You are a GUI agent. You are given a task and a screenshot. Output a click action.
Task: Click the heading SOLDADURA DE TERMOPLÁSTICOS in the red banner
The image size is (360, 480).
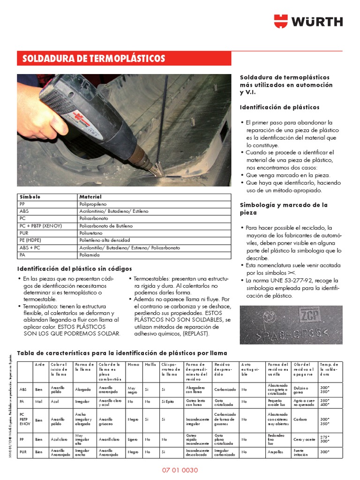[94, 59]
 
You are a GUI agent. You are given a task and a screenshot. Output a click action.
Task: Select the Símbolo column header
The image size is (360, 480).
[30, 197]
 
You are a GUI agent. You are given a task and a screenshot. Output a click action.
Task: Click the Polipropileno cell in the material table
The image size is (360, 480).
[93, 204]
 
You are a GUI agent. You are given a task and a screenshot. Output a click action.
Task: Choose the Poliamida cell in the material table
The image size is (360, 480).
[89, 255]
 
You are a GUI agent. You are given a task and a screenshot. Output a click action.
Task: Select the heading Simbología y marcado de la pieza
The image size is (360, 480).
[284, 209]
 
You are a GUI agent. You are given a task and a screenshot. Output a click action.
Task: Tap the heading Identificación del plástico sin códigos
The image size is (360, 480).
[75, 269]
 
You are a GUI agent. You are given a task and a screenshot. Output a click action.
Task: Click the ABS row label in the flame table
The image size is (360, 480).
[23, 389]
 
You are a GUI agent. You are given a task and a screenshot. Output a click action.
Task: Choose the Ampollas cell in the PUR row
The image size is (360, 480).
[275, 452]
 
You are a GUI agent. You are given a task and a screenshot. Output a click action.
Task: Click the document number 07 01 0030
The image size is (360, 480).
[180, 470]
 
